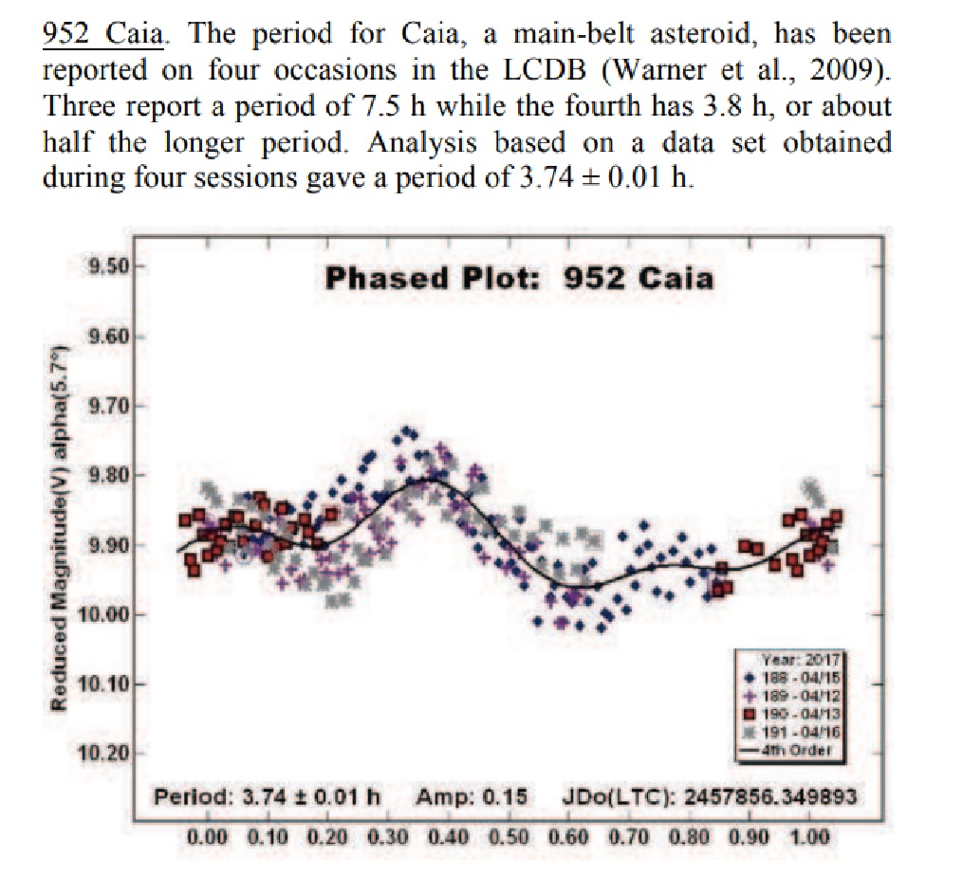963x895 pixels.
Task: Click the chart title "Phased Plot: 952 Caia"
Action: tap(518, 278)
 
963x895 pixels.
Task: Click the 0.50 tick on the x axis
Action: tap(508, 837)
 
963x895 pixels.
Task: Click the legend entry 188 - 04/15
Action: tap(797, 678)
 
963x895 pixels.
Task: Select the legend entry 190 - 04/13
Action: tap(797, 713)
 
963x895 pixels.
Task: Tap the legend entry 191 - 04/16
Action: tap(797, 731)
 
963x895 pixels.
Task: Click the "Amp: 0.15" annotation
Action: tap(472, 795)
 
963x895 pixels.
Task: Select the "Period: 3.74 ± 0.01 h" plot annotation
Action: tap(268, 795)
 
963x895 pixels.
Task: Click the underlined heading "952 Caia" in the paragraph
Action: tap(104, 35)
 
